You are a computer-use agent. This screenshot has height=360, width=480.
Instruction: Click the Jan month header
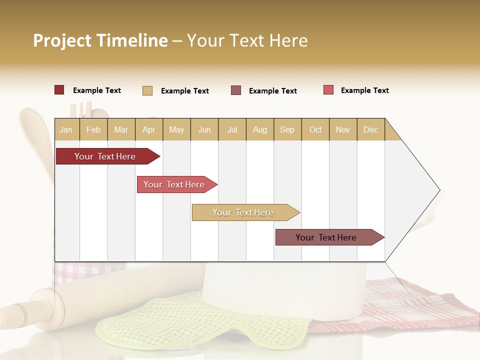click(66, 129)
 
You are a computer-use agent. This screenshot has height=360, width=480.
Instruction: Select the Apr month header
click(149, 129)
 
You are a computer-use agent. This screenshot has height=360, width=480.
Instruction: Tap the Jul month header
click(232, 129)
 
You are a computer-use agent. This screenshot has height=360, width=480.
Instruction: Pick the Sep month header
click(287, 129)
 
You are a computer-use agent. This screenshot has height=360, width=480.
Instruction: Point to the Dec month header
click(371, 129)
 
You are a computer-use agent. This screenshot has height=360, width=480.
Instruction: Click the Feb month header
click(93, 129)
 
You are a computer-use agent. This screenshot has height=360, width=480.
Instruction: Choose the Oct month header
click(315, 129)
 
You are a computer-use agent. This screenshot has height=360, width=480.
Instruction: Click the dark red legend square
click(59, 90)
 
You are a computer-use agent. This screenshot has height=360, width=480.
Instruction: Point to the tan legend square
click(147, 90)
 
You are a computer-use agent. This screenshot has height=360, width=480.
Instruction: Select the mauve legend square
click(236, 90)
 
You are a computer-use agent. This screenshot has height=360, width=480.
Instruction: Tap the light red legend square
click(328, 90)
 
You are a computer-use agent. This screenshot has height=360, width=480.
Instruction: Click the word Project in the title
click(62, 40)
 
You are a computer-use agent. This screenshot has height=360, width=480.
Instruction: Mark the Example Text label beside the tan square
click(185, 91)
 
